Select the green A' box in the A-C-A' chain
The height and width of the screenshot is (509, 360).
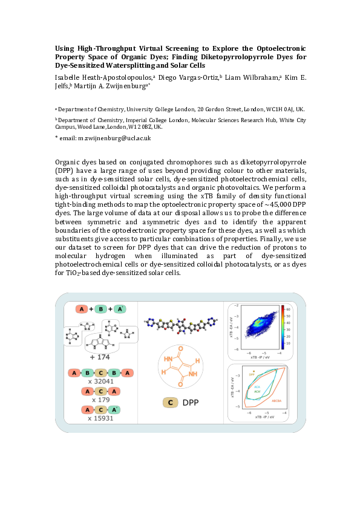click(118, 409)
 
